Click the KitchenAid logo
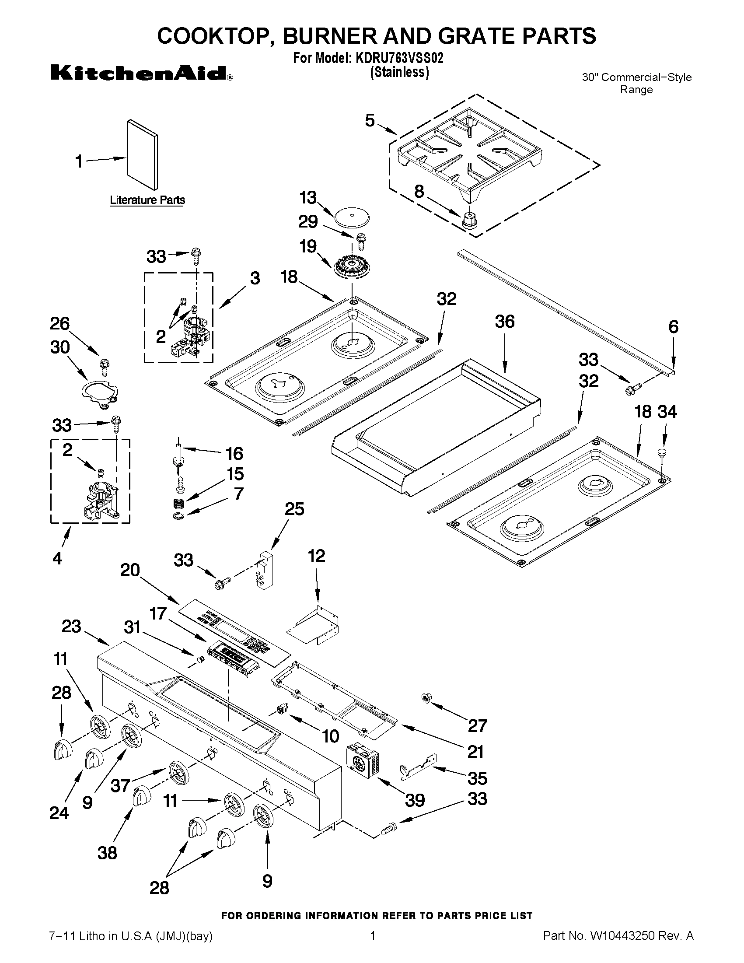[x=141, y=73]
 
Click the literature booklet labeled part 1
[x=142, y=154]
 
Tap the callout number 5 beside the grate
[x=370, y=120]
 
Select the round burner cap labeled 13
[x=351, y=218]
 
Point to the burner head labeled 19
[x=351, y=268]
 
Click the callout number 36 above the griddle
[x=504, y=322]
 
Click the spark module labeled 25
[x=265, y=569]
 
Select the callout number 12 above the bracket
[x=317, y=556]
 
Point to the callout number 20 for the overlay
[x=130, y=570]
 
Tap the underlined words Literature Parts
[x=147, y=200]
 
